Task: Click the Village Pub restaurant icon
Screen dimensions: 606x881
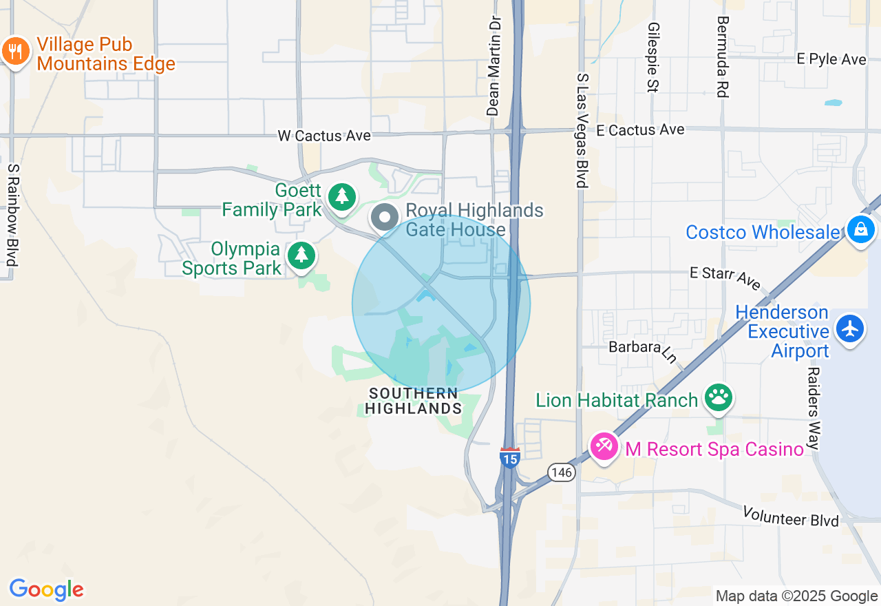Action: click(x=14, y=51)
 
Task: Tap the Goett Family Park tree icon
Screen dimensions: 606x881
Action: click(x=341, y=197)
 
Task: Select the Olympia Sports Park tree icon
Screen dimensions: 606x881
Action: click(x=301, y=255)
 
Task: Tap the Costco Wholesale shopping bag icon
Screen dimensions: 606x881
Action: click(x=860, y=229)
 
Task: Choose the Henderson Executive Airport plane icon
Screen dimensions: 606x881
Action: click(x=851, y=328)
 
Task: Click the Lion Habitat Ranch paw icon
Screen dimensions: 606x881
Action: click(x=719, y=397)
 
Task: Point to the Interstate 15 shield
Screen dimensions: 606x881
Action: click(x=509, y=457)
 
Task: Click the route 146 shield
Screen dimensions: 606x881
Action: click(x=562, y=472)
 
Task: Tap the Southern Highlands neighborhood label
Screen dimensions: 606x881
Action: click(x=413, y=401)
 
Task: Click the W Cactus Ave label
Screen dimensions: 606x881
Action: click(x=324, y=136)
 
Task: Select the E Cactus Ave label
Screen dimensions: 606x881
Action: click(x=640, y=129)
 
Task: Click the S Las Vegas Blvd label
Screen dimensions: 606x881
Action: click(x=582, y=131)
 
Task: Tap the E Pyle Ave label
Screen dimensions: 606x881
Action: click(x=831, y=59)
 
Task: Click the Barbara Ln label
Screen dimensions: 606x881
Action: click(x=644, y=350)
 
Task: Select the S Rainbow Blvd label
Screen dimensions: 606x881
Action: click(x=12, y=216)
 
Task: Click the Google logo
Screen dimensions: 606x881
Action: click(x=46, y=589)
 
